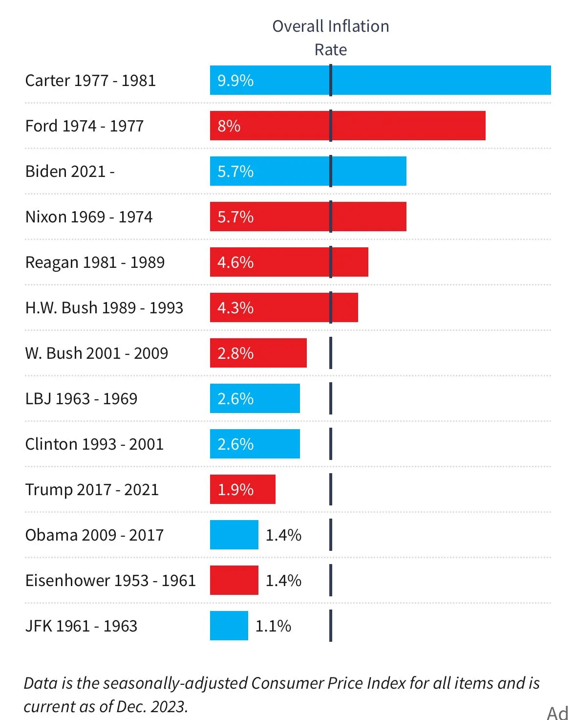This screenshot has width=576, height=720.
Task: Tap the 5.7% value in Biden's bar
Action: [235, 172]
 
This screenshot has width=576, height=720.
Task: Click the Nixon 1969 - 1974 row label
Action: [89, 217]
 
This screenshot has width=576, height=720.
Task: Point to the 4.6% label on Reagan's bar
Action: [235, 262]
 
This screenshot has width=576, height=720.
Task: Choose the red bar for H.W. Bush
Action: [293, 307]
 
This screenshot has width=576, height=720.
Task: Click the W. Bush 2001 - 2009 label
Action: [97, 353]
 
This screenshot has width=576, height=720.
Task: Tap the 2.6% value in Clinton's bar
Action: [235, 444]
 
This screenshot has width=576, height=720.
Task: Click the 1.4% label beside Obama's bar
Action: [283, 535]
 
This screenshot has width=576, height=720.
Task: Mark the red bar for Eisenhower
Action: [234, 580]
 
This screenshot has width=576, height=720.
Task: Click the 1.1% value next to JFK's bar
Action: [273, 626]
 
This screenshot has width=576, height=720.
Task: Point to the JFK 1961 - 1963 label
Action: [81, 626]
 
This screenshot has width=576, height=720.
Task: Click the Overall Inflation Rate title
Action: [331, 38]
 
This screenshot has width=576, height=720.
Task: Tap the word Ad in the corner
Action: [557, 713]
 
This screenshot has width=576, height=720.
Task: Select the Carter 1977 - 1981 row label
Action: [90, 80]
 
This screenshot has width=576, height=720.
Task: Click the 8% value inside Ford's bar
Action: [229, 126]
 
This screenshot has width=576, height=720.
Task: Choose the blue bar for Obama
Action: [234, 535]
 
